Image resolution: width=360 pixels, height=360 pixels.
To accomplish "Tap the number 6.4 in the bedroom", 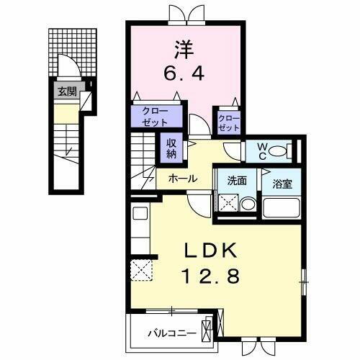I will [185, 73].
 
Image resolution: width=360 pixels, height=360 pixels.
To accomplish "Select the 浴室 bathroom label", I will [282, 182].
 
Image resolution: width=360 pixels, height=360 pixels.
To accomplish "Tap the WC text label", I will [262, 151].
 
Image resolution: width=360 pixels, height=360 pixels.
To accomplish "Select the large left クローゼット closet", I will [151, 117].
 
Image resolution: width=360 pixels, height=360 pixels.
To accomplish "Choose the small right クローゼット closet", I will [228, 122].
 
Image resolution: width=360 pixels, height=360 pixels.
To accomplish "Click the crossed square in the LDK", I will [140, 271].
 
